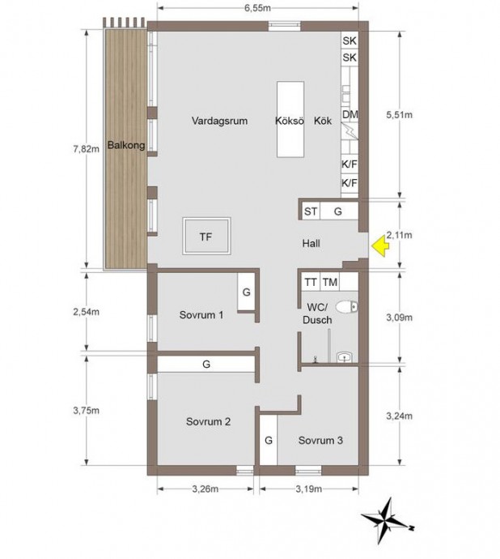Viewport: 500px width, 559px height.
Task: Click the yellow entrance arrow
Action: (380, 246)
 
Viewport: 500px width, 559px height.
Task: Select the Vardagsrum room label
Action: (219, 121)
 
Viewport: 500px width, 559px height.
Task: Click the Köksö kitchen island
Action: (290, 119)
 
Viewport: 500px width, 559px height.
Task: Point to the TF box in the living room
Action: (206, 236)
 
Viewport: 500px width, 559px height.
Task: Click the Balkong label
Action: (126, 145)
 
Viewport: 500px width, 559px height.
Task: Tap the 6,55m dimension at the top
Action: (257, 8)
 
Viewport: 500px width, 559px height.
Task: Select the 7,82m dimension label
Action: (87, 149)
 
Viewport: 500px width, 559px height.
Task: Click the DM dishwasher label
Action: (350, 114)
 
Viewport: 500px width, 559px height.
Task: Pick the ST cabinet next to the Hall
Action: (311, 211)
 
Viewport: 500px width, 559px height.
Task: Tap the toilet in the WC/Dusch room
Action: (346, 306)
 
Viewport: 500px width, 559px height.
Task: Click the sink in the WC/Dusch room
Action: (345, 356)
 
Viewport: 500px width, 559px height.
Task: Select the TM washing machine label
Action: (330, 283)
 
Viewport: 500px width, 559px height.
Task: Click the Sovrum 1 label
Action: (201, 315)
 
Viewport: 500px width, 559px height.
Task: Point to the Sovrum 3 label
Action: (320, 440)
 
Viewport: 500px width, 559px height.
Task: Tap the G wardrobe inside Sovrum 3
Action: (269, 440)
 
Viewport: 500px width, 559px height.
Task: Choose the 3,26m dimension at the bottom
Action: (206, 489)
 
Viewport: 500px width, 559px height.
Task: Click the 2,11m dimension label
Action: (399, 235)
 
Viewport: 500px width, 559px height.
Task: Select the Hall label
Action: (311, 244)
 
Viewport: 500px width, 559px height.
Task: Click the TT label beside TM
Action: (311, 283)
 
